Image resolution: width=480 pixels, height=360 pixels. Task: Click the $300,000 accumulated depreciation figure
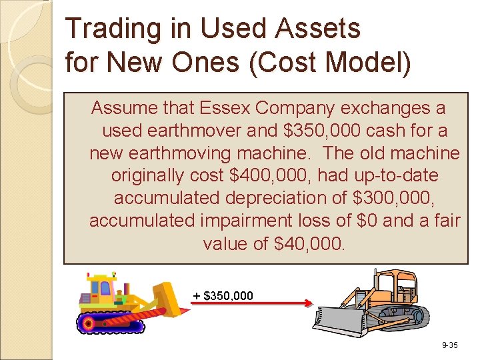click(x=387, y=199)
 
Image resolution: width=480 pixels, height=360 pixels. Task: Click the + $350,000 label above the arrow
click(x=223, y=295)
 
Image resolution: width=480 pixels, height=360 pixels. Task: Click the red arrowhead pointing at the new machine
click(x=308, y=304)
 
